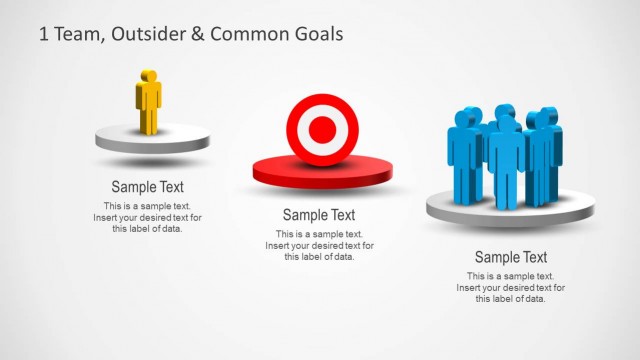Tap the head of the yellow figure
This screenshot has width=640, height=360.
[x=148, y=76]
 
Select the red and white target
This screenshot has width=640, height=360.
[x=322, y=128]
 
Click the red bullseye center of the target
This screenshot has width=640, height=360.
[x=322, y=128]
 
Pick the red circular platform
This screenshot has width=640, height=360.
[x=312, y=173]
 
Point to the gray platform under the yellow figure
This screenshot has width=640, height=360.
[x=153, y=140]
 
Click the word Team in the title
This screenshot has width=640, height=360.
[x=76, y=33]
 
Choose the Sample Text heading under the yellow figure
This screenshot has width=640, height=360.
[x=147, y=187]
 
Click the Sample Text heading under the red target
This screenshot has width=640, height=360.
[x=319, y=215]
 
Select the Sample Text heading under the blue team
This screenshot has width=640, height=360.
[x=510, y=257]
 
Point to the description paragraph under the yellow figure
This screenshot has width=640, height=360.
[x=147, y=217]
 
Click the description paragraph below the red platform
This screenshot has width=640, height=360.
[x=319, y=245]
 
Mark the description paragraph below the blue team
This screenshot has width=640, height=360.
[x=510, y=287]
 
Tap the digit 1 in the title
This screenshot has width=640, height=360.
[x=43, y=33]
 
